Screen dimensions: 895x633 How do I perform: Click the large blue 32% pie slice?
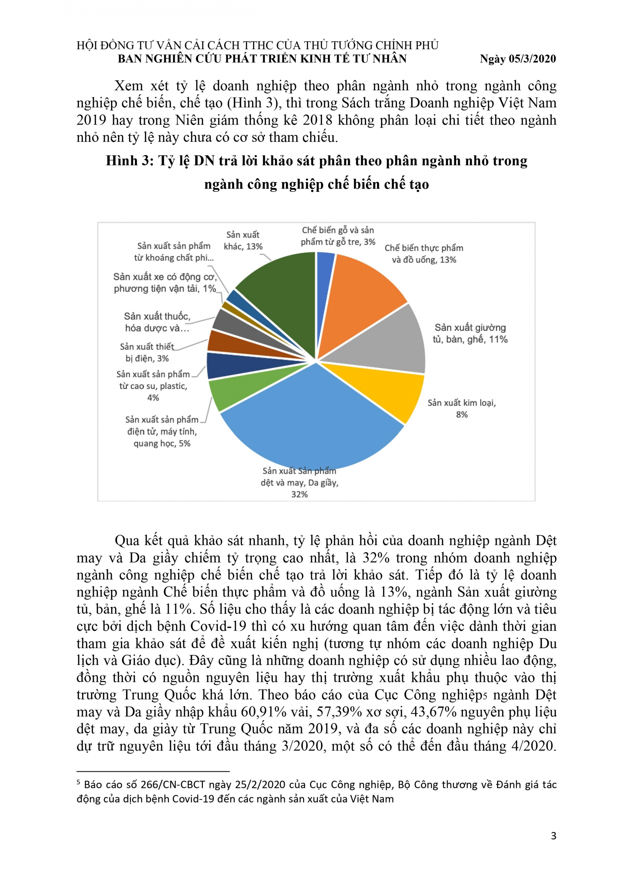(x=312, y=421)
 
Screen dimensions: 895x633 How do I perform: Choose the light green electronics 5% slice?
(x=226, y=394)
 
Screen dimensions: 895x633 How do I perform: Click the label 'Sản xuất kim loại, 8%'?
(x=461, y=408)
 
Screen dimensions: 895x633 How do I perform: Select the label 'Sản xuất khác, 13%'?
(x=243, y=241)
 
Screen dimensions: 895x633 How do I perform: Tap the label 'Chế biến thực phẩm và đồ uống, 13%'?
(x=424, y=254)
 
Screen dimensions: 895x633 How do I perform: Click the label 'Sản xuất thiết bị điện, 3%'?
(x=147, y=352)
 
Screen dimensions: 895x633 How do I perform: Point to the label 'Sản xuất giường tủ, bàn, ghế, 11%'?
(x=470, y=333)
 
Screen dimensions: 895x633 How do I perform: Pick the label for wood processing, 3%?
(x=338, y=236)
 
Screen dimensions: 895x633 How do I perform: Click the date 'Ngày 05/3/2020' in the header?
(x=518, y=59)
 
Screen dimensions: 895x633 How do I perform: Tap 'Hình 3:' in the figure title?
(x=129, y=161)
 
